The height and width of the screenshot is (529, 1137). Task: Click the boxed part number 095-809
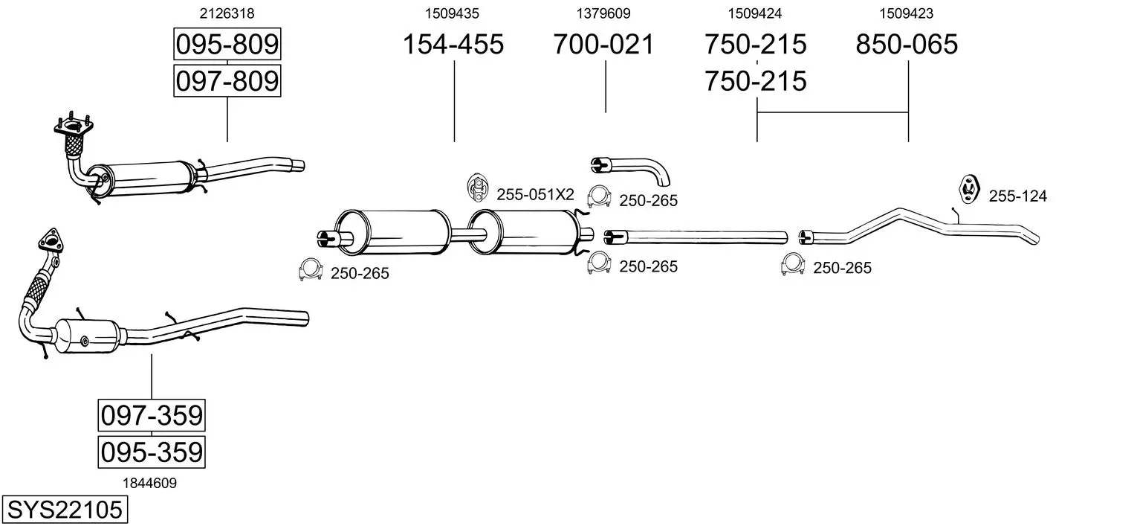click(x=227, y=46)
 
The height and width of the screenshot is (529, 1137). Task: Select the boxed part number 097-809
click(x=227, y=80)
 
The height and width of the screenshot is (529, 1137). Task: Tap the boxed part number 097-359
click(x=152, y=416)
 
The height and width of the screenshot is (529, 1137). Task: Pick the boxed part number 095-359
click(x=152, y=452)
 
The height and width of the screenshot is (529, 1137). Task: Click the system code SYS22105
click(x=64, y=510)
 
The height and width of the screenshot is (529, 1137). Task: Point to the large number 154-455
click(x=453, y=45)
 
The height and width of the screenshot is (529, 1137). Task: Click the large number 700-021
click(x=603, y=45)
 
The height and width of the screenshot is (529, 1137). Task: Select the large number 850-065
click(x=907, y=45)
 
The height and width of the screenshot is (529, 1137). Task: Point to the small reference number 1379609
click(x=603, y=13)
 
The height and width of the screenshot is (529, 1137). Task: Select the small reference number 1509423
click(x=907, y=13)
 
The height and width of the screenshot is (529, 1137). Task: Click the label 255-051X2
click(x=535, y=195)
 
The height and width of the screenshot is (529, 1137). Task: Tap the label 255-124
click(x=1017, y=196)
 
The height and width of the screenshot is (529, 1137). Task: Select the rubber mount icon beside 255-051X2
click(x=476, y=188)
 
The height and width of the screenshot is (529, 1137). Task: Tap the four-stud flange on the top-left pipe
click(x=72, y=128)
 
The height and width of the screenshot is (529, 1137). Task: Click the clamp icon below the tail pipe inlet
click(x=793, y=265)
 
